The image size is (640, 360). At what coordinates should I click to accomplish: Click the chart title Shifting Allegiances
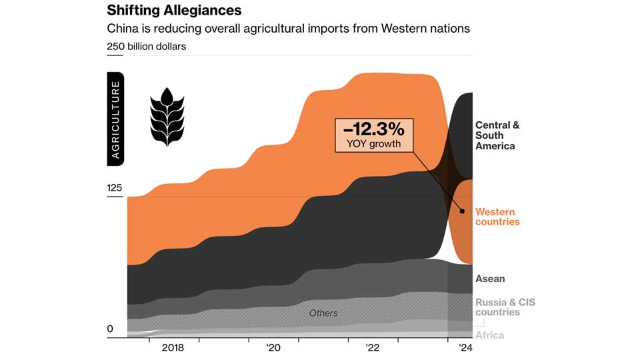click(174, 11)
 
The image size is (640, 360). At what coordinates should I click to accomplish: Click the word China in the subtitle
click(123, 29)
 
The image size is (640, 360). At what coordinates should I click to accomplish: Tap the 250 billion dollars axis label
click(147, 47)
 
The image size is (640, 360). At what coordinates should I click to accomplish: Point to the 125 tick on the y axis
click(115, 188)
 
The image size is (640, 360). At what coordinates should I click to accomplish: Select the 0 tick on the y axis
click(110, 329)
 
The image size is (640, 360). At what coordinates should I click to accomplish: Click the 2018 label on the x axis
click(172, 348)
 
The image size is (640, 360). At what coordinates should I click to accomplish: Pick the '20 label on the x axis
click(273, 348)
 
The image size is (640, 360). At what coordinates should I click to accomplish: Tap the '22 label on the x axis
click(373, 348)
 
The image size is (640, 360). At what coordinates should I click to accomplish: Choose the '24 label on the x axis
click(465, 348)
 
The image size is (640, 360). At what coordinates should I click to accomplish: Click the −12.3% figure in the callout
click(373, 128)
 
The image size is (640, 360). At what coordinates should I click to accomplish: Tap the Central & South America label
click(497, 135)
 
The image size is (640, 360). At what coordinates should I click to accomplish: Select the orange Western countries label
click(497, 217)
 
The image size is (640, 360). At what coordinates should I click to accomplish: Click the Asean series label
click(490, 279)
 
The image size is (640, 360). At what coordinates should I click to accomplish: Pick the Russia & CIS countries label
click(505, 307)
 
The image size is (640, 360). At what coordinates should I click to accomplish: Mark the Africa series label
click(489, 335)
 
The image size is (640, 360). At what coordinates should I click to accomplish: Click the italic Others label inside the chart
click(323, 313)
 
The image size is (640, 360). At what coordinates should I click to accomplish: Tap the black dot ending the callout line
click(462, 211)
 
